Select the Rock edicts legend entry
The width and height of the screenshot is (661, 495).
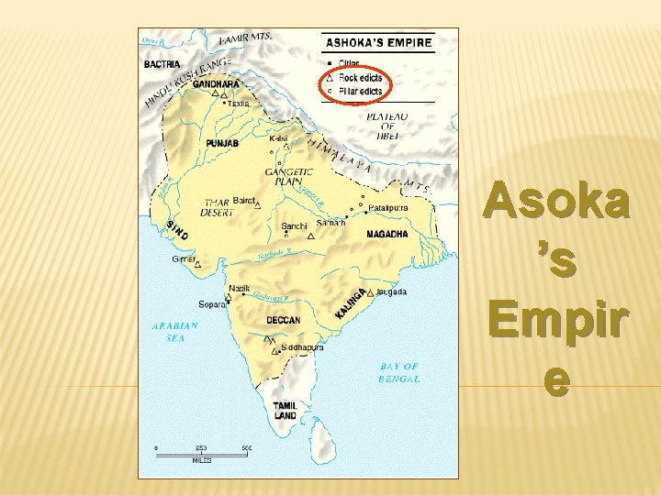click(x=362, y=78)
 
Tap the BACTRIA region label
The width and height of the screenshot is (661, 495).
click(x=162, y=64)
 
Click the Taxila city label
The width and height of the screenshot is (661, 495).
click(x=239, y=104)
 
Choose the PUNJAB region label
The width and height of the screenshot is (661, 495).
click(x=222, y=144)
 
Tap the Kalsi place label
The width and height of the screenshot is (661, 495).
click(x=278, y=137)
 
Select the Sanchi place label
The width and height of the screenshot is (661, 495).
click(x=294, y=225)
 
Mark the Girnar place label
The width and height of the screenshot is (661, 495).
click(x=184, y=258)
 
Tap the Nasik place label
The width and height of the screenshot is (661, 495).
click(x=239, y=288)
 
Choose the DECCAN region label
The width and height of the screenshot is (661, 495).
click(x=283, y=320)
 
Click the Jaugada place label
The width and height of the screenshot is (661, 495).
click(x=391, y=291)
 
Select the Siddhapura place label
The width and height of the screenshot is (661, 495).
click(x=302, y=348)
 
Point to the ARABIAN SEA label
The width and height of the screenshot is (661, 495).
click(x=175, y=331)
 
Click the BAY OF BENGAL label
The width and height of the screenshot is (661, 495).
click(x=399, y=372)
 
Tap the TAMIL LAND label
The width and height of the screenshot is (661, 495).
click(x=286, y=410)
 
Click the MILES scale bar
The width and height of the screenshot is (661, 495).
click(x=201, y=451)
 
